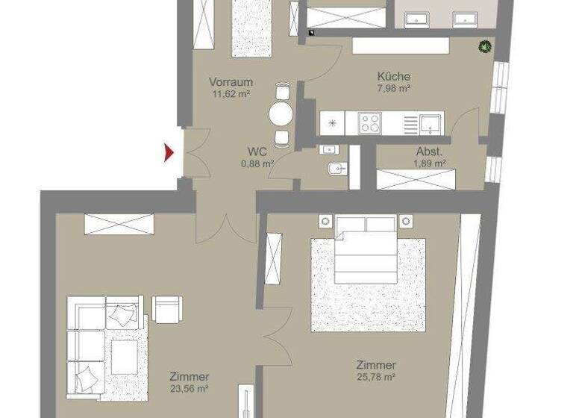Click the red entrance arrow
coord(169,153)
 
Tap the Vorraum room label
coord(231,82)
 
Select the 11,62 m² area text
coord(231,94)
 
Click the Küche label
coord(394,76)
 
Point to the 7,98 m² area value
coord(394,89)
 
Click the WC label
coord(257,151)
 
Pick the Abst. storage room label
coord(430,151)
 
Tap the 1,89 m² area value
coord(430,163)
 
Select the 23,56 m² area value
coord(189,388)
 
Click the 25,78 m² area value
coord(375,378)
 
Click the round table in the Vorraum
coord(281,114)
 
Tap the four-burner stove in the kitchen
coord(370,122)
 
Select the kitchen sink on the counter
coord(430,122)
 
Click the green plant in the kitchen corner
coord(486,48)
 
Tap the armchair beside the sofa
coord(167,308)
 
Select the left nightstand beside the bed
coord(325,221)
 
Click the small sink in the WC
coord(329,150)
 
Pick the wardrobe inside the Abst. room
coord(416,179)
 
